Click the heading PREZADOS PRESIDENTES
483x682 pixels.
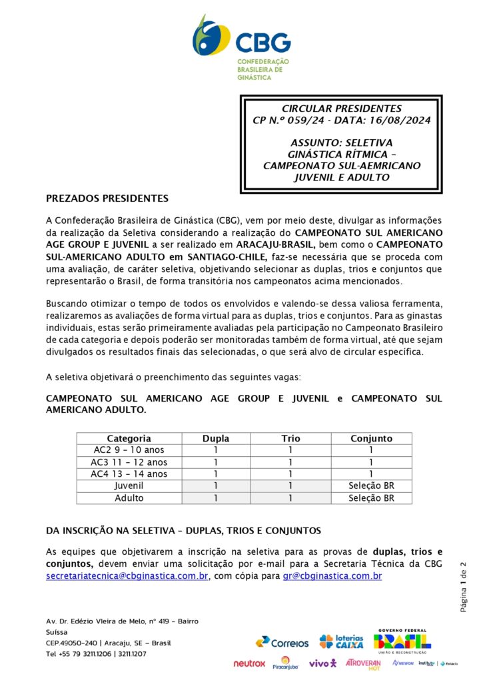(107, 198)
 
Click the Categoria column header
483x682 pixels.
(129, 438)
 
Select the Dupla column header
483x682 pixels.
(215, 438)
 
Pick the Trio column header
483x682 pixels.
(290, 438)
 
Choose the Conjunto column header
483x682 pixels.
(371, 438)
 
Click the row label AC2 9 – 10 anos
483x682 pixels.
(129, 450)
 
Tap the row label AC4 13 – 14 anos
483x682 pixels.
(129, 474)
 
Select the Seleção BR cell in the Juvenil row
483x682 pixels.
(371, 486)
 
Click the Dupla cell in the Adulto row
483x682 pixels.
(215, 498)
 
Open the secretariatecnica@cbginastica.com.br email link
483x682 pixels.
(127, 576)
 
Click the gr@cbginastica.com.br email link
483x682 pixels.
(332, 576)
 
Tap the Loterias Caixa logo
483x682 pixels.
(341, 641)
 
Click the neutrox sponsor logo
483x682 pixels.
(249, 663)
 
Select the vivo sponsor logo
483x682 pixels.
(323, 663)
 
